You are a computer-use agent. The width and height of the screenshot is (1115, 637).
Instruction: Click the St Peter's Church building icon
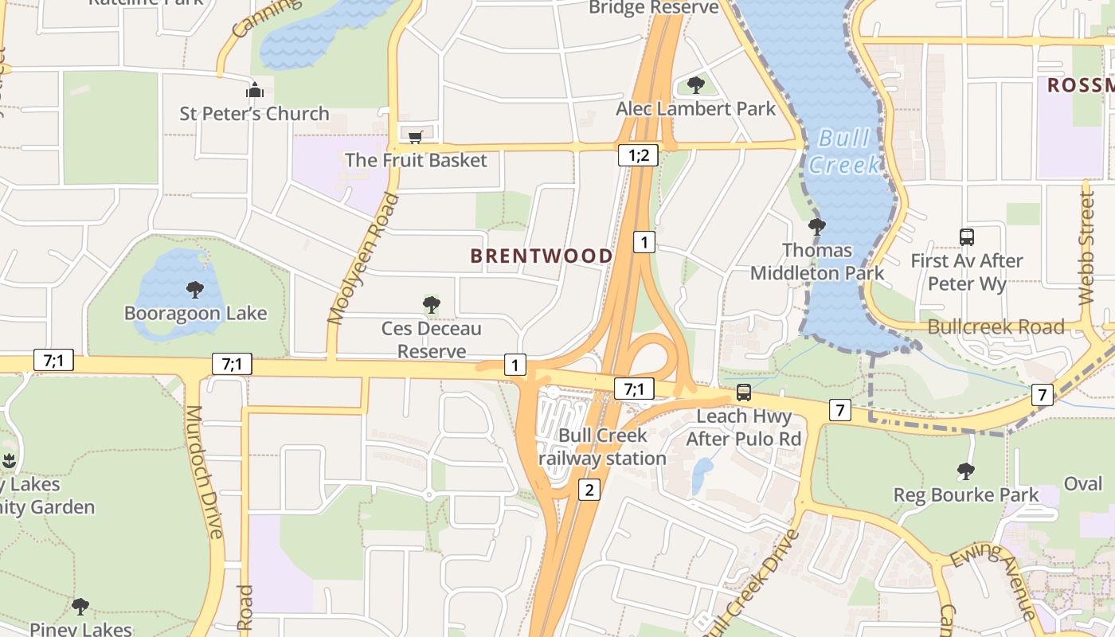(x=255, y=90)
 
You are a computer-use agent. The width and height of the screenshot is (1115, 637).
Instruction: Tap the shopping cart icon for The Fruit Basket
(x=415, y=137)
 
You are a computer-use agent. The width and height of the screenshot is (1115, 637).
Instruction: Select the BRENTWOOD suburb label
(x=542, y=256)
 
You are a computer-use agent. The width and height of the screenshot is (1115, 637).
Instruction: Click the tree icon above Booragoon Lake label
(x=195, y=289)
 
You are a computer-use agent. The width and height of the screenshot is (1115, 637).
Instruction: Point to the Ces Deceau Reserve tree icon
(x=431, y=304)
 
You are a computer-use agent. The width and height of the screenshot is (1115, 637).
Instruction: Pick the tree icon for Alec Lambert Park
(x=695, y=84)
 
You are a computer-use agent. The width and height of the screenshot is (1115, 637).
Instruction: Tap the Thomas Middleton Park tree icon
(x=816, y=226)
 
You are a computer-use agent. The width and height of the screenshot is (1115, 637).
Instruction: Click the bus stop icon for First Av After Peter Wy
(x=966, y=236)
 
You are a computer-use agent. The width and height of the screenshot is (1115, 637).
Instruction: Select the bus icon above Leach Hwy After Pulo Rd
(x=743, y=392)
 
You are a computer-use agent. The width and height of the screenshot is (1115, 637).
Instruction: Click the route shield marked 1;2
(x=638, y=155)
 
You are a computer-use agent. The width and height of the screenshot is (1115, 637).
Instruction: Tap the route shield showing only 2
(x=589, y=490)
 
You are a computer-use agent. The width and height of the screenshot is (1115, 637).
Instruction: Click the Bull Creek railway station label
(x=603, y=447)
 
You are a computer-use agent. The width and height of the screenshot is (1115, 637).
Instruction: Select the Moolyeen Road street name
(x=362, y=259)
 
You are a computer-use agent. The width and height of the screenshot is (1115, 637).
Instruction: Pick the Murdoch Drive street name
(x=204, y=471)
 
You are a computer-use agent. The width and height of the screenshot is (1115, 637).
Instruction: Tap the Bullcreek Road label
(x=996, y=326)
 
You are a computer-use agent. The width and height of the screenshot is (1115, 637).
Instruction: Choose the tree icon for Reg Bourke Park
(x=965, y=471)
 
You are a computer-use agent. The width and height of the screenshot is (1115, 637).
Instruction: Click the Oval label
(x=1083, y=484)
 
